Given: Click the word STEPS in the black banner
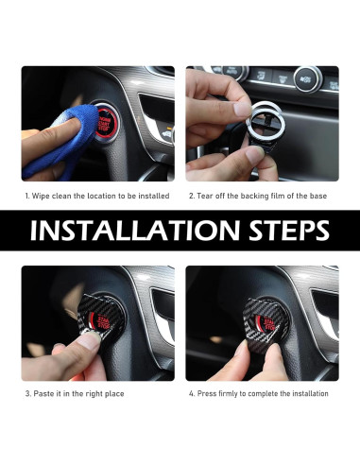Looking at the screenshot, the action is [289, 230].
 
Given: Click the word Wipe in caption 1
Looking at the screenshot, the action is [41, 196].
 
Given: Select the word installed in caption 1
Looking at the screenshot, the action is [154, 196].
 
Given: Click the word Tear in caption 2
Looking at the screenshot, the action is [204, 196].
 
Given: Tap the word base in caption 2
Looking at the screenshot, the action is [318, 196].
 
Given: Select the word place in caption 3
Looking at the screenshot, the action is [113, 394].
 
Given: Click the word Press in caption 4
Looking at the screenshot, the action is [207, 393].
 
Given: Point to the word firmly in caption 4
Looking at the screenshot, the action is [228, 394].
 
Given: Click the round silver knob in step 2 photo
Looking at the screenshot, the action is [308, 78].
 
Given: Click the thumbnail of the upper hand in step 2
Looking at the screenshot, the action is [243, 110].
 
